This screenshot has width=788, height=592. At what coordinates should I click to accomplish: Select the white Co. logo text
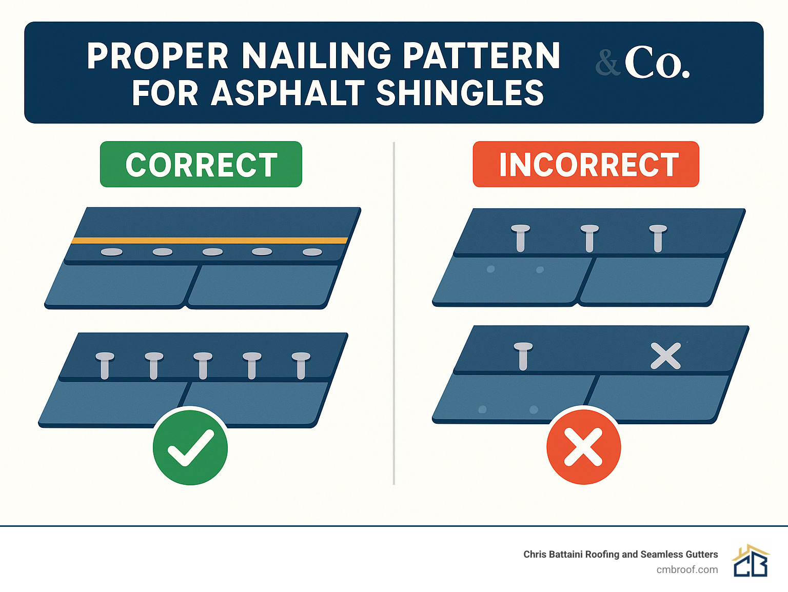657,63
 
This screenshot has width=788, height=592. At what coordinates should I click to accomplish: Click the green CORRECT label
201,165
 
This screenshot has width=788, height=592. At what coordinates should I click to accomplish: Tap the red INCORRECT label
586,165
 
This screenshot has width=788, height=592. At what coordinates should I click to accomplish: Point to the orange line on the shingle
209,240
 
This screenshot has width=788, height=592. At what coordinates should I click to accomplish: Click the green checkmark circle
190,446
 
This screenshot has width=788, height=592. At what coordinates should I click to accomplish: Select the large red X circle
583,446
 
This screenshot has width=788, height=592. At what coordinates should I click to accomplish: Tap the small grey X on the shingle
665,356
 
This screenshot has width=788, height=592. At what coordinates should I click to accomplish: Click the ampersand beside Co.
608,64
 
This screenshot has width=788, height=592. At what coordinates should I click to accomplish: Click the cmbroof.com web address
687,569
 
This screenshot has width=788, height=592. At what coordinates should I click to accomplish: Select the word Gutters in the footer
700,554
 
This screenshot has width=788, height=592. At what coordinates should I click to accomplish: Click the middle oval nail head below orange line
212,252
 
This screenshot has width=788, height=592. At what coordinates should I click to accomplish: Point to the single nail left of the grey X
523,354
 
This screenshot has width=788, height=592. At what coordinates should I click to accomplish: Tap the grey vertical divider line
393,313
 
